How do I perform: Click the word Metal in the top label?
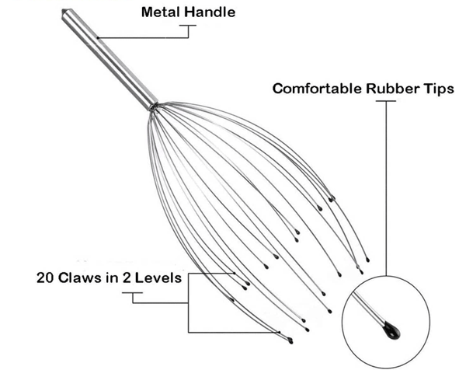coord(161,12)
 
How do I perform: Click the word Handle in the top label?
coord(210,12)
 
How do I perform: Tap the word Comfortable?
coord(318,89)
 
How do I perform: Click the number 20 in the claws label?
coord(46,278)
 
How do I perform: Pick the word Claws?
coord(80,278)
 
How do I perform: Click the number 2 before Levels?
coord(127,278)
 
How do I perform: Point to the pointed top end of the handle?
coord(64,12)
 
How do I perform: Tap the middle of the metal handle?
coord(110,59)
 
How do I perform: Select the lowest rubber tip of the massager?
coord(290,341)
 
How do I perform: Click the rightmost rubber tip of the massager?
coord(367,260)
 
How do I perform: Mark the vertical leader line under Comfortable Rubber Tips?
coord(386,188)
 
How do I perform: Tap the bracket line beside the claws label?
coord(188,302)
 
